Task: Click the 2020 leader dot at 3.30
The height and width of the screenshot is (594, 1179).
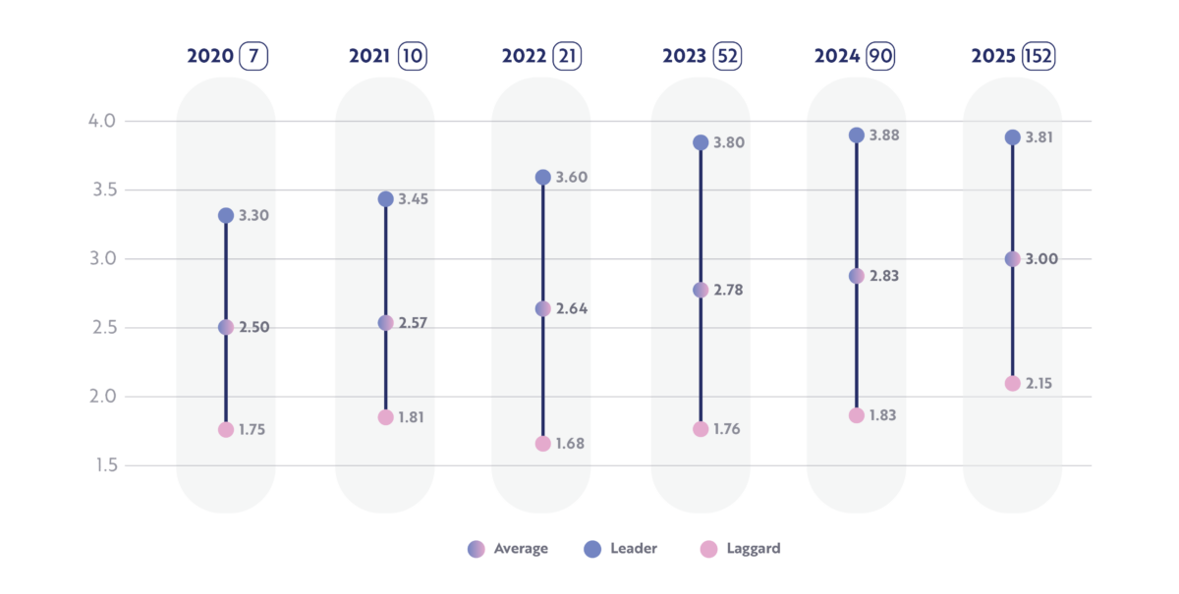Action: click(x=226, y=215)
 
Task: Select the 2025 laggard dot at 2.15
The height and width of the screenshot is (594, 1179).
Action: click(x=1012, y=383)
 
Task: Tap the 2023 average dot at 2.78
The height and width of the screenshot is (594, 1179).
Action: click(x=701, y=290)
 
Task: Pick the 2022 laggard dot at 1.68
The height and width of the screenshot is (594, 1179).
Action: click(x=542, y=444)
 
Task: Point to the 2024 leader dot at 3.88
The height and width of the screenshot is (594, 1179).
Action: click(x=856, y=135)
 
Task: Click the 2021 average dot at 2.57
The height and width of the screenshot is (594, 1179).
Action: click(x=385, y=322)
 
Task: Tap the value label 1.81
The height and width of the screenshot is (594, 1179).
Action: click(x=412, y=417)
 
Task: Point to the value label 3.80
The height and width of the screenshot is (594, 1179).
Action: click(x=729, y=142)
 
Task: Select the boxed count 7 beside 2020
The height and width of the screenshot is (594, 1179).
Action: click(x=253, y=56)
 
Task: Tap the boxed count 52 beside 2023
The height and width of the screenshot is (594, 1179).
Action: click(x=727, y=56)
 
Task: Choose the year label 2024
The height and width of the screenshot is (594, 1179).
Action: click(x=836, y=56)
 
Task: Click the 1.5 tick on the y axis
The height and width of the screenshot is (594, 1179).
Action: click(x=105, y=465)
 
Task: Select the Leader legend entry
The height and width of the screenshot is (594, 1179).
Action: click(x=620, y=549)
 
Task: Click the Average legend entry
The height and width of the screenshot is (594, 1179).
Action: click(x=508, y=549)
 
